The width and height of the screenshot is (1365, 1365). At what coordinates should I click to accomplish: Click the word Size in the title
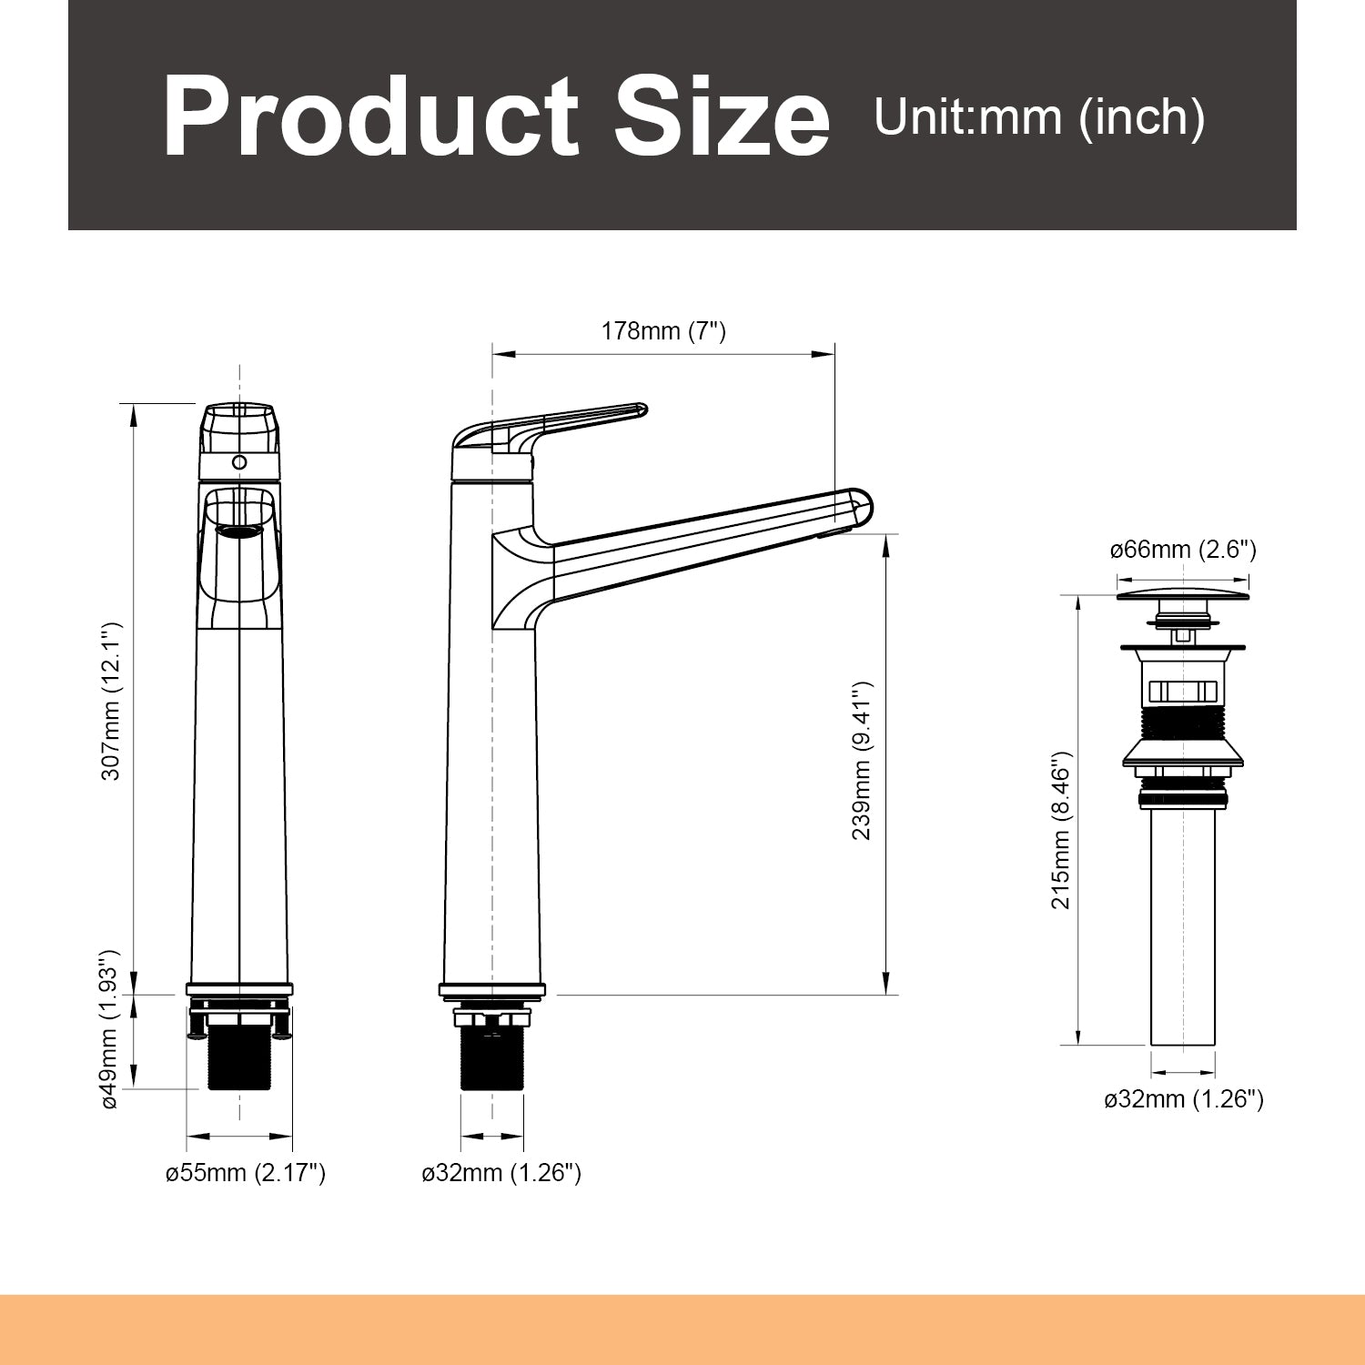point(719,119)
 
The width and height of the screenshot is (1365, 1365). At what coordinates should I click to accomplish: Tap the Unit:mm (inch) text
point(1039,117)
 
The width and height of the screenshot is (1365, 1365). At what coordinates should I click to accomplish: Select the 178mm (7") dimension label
point(663,331)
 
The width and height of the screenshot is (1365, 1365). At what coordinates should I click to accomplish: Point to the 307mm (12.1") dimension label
point(111,702)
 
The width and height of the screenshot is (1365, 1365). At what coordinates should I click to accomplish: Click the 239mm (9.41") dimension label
point(862,761)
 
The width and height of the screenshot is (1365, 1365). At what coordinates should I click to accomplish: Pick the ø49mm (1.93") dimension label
point(110,1029)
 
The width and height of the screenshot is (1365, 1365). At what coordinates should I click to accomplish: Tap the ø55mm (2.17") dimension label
point(246,1173)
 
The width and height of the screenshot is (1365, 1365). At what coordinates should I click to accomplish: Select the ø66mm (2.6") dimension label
point(1183,550)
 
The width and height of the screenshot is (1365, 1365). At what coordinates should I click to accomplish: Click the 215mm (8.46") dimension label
point(1061,830)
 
